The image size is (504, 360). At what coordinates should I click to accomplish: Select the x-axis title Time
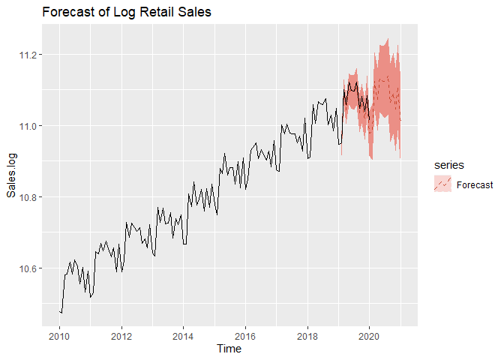229,349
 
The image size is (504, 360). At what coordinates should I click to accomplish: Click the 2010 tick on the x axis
59,334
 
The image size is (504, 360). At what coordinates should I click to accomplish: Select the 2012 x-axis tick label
121,334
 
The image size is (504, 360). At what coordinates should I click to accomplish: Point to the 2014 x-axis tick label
183,334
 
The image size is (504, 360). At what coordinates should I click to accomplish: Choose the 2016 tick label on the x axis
244,334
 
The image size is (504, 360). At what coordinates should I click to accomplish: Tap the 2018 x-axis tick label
307,334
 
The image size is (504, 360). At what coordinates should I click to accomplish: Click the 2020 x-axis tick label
368,334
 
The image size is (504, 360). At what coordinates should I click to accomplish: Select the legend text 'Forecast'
475,184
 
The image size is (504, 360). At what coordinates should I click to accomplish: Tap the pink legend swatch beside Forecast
442,184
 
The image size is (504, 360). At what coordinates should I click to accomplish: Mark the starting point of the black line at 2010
59,310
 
